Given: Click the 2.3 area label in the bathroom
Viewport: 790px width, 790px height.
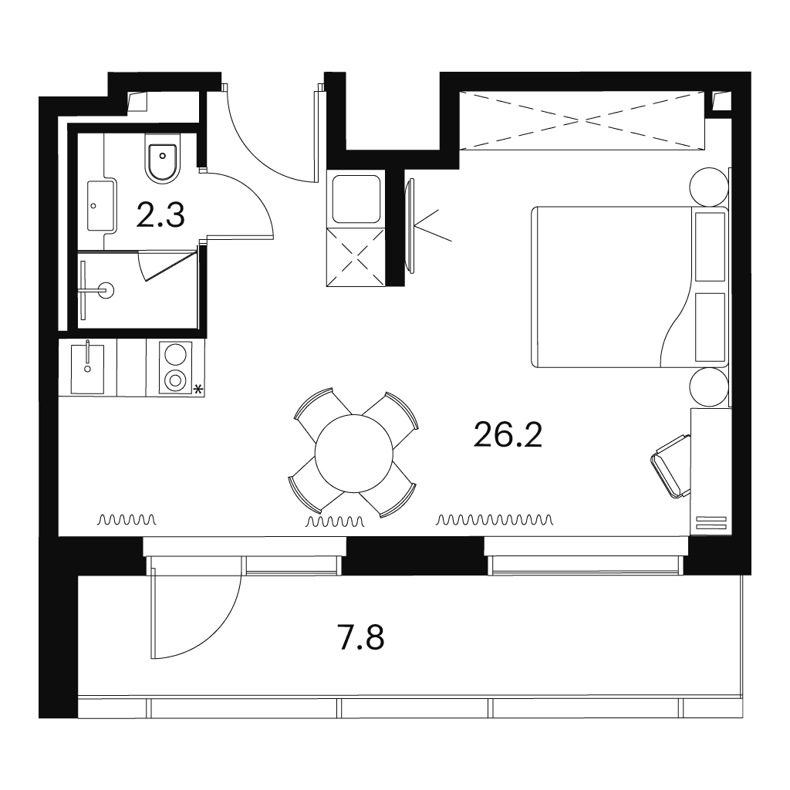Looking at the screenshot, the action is click(160, 215).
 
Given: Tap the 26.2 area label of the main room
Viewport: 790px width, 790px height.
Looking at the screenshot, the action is click(508, 435).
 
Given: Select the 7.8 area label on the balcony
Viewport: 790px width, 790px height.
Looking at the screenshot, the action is click(361, 637).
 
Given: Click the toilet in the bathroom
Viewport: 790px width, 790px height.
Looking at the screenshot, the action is click(162, 157).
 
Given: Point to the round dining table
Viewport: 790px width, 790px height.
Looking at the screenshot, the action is click(353, 454).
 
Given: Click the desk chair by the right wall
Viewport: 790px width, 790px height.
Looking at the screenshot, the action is click(671, 466).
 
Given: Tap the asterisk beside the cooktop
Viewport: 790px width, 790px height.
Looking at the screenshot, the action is click(198, 389).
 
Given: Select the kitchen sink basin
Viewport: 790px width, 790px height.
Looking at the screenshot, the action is click(88, 369).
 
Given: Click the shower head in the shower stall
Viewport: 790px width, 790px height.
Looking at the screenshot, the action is click(106, 290).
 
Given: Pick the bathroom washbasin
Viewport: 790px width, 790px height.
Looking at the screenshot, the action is click(102, 205).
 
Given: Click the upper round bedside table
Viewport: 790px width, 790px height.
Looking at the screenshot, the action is click(709, 187).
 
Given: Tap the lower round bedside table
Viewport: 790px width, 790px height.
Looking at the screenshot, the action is click(709, 387).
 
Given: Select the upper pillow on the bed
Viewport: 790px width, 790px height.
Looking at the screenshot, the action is click(710, 247).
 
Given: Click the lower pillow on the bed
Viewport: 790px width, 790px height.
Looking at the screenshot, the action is click(710, 327).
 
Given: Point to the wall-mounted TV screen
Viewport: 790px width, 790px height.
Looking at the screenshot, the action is click(411, 226).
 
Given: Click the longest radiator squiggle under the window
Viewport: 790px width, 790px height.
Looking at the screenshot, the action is click(495, 519).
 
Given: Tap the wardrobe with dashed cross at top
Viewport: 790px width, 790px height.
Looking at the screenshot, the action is click(582, 120).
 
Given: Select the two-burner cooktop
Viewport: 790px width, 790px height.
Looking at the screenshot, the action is click(175, 367).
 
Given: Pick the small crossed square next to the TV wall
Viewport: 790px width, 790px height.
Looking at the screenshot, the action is click(356, 258).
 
